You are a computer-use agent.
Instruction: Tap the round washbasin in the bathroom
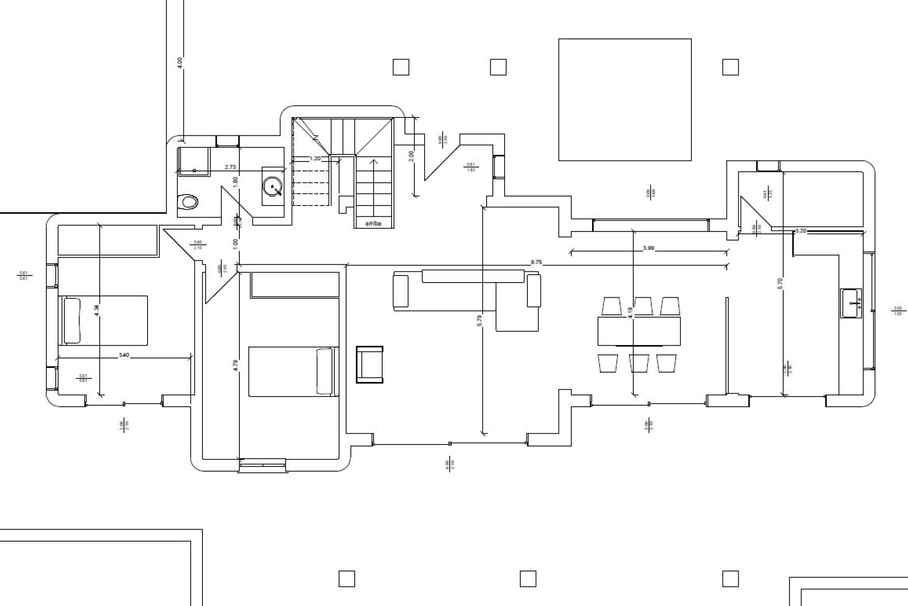(273, 186)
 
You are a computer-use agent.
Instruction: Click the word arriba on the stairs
(373, 223)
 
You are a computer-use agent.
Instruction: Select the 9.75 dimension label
(536, 262)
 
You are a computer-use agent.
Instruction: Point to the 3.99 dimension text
(649, 248)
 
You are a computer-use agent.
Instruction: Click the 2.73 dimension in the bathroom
(230, 167)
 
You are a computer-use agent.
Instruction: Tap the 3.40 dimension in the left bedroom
(124, 355)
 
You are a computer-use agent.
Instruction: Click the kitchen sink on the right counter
(851, 303)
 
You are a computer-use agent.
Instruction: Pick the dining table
(639, 331)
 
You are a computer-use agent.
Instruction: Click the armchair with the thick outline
(370, 364)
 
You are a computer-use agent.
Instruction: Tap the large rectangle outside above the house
(625, 99)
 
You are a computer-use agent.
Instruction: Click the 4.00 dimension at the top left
(179, 62)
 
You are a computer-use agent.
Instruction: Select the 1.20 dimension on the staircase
(315, 159)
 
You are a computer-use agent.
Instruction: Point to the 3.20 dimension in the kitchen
(801, 231)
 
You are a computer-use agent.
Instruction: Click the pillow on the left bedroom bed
(72, 321)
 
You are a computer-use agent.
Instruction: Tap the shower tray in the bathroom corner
(193, 160)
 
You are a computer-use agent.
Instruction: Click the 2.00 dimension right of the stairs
(411, 156)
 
